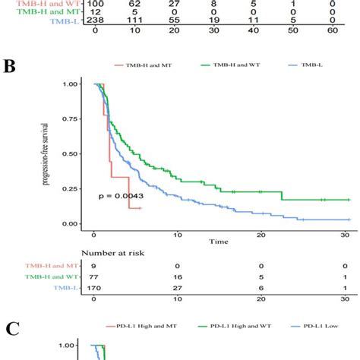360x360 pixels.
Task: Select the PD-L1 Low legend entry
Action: click(x=322, y=326)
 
